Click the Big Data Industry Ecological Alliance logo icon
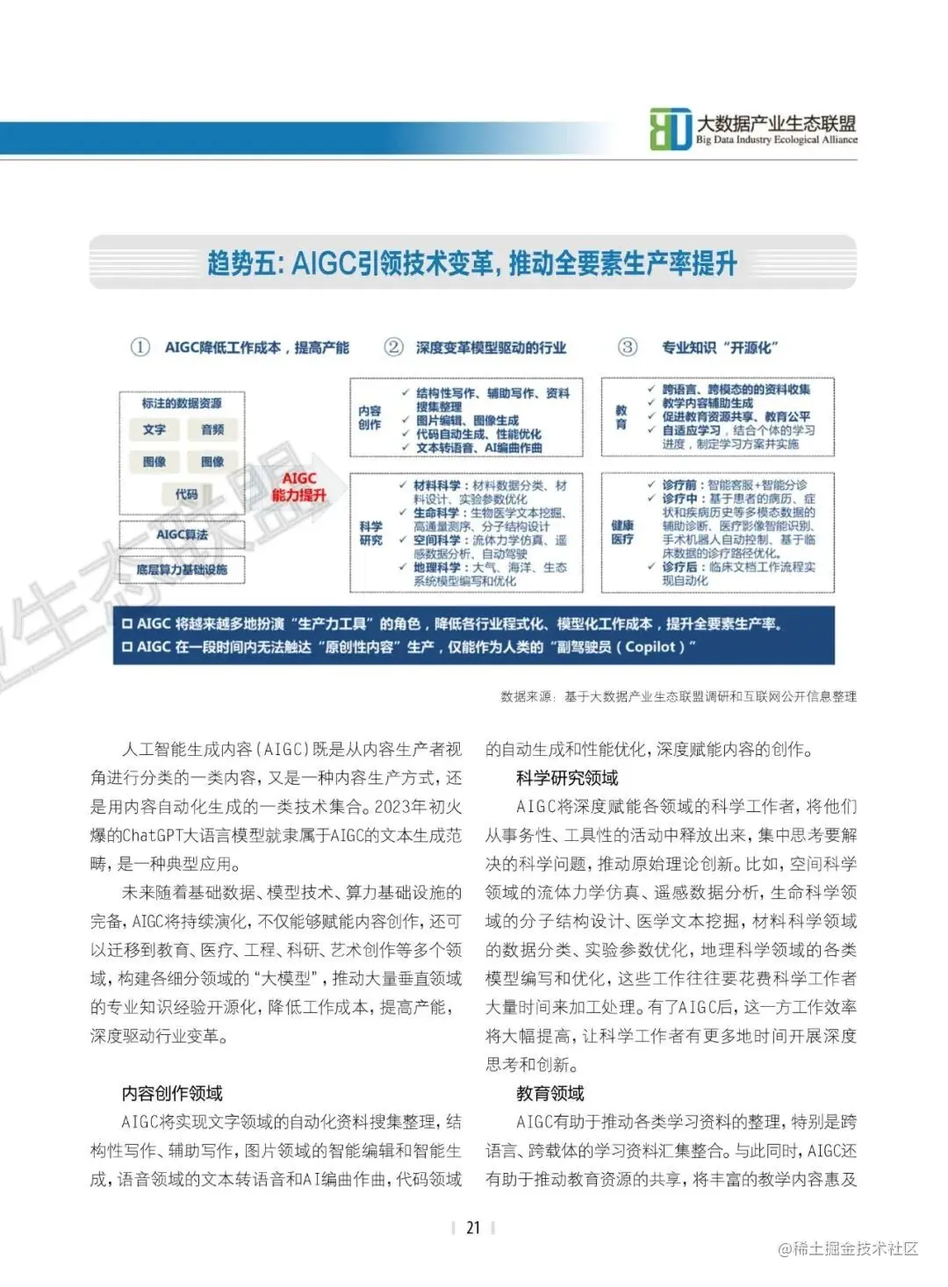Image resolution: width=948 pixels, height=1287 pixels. [671, 129]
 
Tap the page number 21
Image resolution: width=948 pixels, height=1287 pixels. [473, 1227]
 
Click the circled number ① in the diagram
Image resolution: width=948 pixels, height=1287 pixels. [140, 347]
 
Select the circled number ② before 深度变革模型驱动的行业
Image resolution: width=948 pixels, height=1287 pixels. [394, 347]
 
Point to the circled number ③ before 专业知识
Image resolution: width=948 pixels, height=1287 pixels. [628, 347]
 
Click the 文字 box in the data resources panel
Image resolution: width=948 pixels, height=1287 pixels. [154, 430]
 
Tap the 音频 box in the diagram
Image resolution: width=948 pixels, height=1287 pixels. [212, 430]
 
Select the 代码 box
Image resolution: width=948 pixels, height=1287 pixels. [186, 494]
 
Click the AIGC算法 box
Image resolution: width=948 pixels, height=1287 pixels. [182, 535]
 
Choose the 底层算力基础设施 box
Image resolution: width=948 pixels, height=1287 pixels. [182, 570]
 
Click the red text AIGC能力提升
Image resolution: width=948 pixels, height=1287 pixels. [298, 486]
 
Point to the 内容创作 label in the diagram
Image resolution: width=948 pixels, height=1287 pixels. [370, 418]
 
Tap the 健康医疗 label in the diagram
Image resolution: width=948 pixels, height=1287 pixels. [622, 532]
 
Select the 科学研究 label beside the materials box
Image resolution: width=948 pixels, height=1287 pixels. [371, 533]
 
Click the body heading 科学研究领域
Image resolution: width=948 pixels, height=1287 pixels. [567, 778]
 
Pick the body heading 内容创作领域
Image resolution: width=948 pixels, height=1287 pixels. [172, 1093]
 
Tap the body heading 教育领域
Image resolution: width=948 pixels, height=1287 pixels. [550, 1093]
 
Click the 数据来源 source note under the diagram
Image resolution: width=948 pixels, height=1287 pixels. [678, 696]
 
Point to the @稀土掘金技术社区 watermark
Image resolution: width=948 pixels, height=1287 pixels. [848, 1248]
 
